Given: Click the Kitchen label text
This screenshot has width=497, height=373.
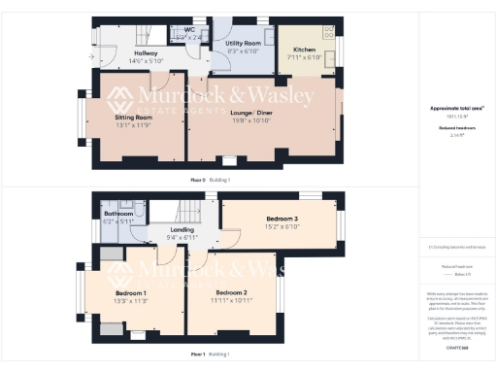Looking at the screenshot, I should point(303,50).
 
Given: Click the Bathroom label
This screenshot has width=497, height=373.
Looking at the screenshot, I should point(118,213).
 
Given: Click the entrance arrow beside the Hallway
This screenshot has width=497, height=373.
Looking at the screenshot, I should point(89,57).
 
